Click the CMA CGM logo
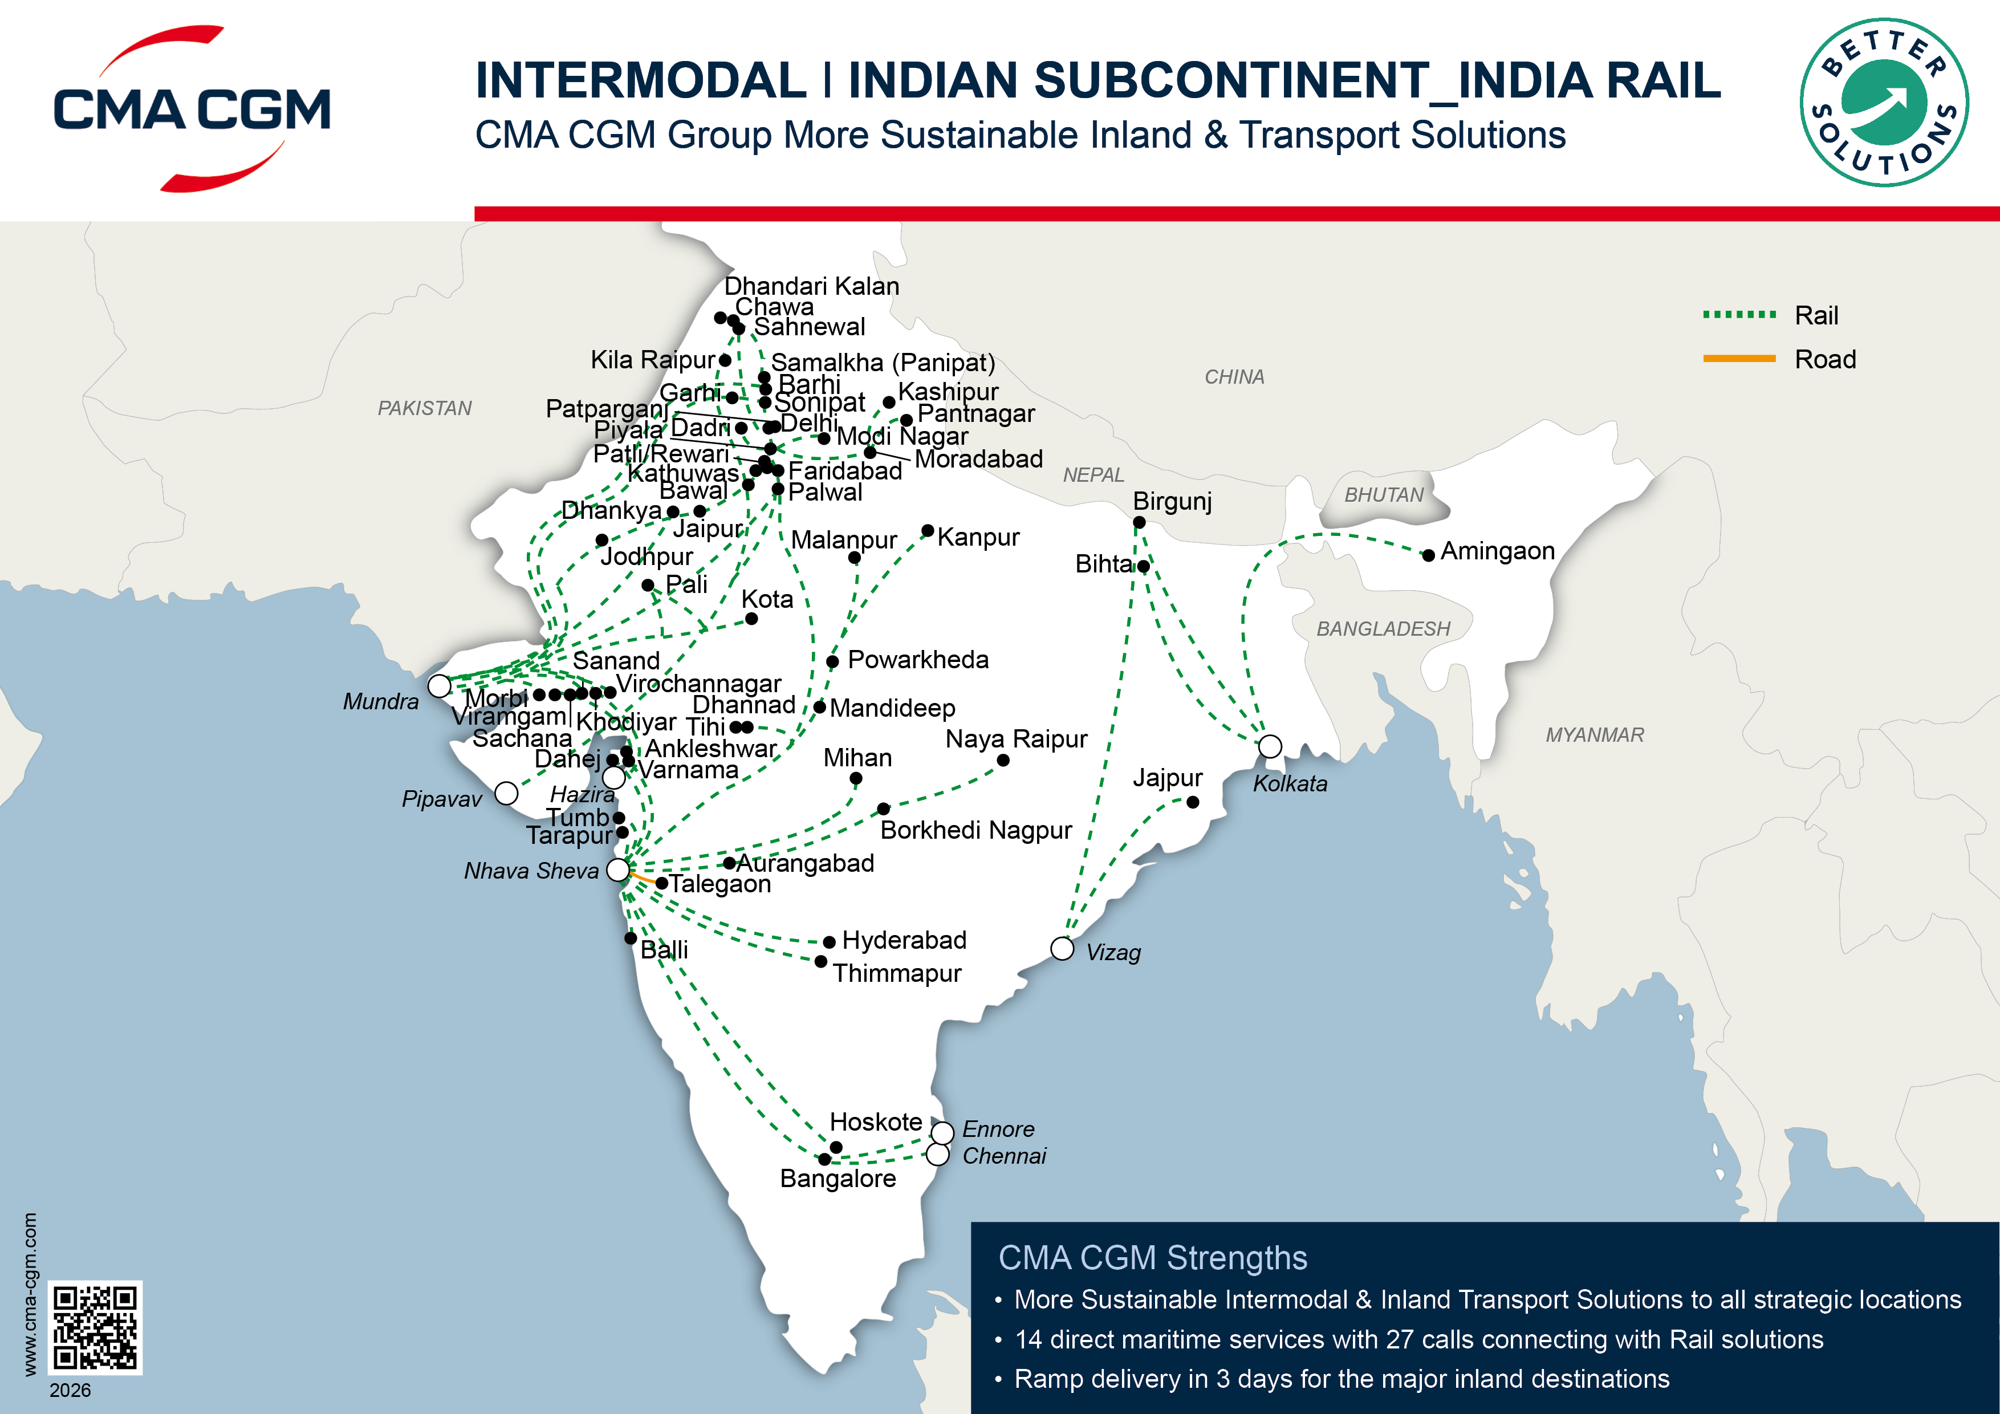pyautogui.click(x=192, y=109)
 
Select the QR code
pyautogui.click(x=94, y=1327)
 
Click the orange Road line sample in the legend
pyautogui.click(x=1739, y=358)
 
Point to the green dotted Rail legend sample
pyautogui.click(x=1739, y=315)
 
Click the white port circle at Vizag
pyautogui.click(x=1061, y=949)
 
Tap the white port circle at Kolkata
pyautogui.click(x=1270, y=747)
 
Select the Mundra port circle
pyautogui.click(x=440, y=686)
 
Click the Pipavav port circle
pyautogui.click(x=506, y=794)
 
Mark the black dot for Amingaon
pyautogui.click(x=1429, y=555)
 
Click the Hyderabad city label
pyautogui.click(x=904, y=940)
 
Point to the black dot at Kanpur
pyautogui.click(x=928, y=531)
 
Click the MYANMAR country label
pyautogui.click(x=1594, y=734)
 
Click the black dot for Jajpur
pyautogui.click(x=1193, y=802)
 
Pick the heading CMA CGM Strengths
pyautogui.click(x=1152, y=1258)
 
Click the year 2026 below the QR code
pyautogui.click(x=70, y=1389)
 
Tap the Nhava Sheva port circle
pyautogui.click(x=617, y=868)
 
